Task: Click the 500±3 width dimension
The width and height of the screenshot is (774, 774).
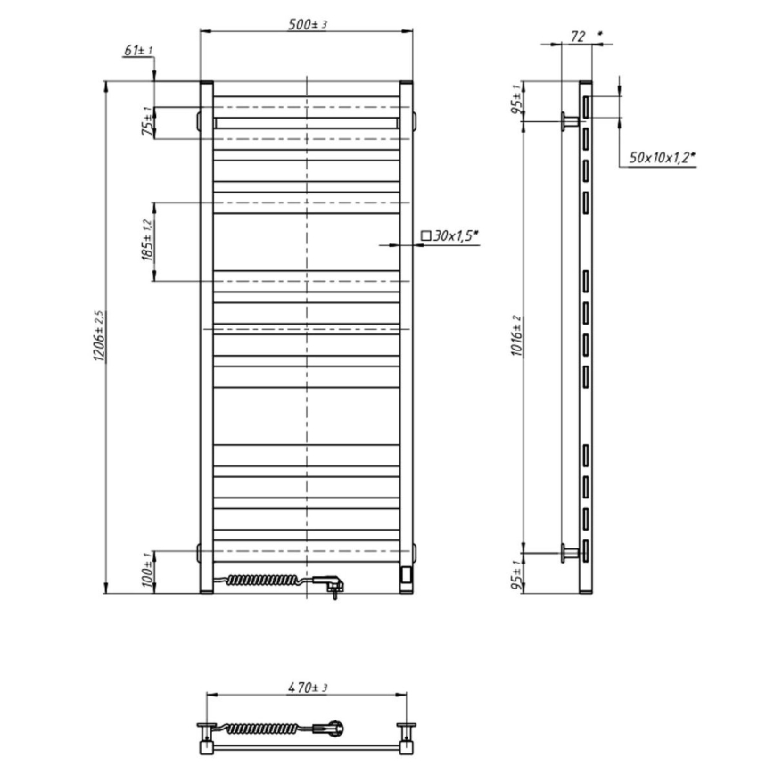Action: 306,24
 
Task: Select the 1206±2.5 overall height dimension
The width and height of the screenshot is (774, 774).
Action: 99,337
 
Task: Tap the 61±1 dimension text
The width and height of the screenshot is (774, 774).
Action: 137,50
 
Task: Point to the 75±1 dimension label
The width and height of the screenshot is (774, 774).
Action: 146,121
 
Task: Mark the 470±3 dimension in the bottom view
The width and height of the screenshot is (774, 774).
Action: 307,688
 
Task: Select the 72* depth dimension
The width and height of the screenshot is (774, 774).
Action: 579,37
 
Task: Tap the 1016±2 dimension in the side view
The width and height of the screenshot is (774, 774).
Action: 517,336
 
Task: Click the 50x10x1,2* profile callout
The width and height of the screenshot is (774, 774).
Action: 662,158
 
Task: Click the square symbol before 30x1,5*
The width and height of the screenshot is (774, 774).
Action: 425,236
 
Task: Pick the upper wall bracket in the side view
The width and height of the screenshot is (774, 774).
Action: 568,120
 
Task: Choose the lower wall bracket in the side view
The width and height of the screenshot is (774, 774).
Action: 568,553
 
